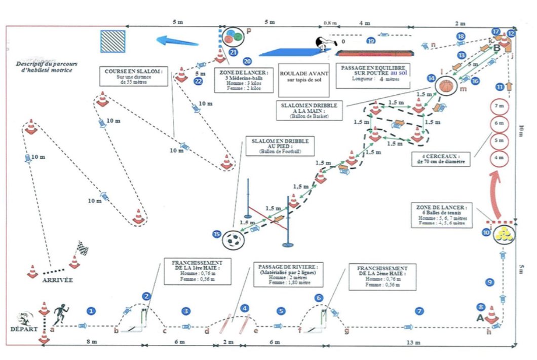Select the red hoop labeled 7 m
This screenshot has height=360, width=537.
(x=499, y=106)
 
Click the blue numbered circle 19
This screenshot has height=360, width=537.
(x=371, y=41)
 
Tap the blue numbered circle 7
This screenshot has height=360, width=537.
(x=418, y=310)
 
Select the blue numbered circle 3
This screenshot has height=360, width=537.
(x=186, y=310)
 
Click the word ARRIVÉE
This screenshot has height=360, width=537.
(x=58, y=280)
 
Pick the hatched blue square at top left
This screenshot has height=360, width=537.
(x=112, y=41)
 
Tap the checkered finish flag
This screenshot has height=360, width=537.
(x=82, y=248)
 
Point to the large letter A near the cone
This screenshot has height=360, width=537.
(x=479, y=318)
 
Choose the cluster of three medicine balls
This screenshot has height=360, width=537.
(x=233, y=37)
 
